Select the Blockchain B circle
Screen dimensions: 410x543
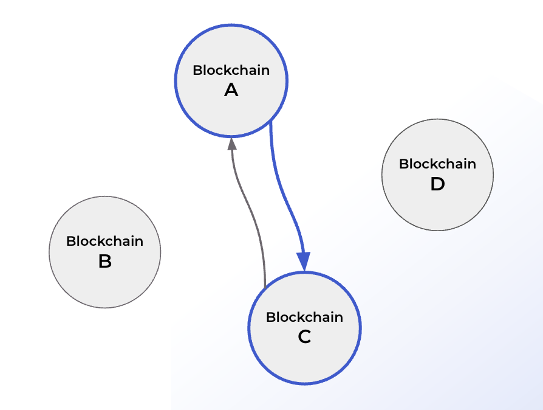(x=104, y=280)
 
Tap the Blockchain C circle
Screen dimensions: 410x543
(x=304, y=356)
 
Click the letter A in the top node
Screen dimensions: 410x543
(x=231, y=91)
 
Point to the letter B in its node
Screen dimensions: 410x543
(x=104, y=262)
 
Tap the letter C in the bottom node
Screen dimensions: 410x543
(x=304, y=337)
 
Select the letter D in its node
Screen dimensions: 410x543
(x=437, y=184)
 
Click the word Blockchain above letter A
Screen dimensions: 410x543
(x=231, y=70)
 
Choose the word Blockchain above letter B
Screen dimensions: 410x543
(x=104, y=241)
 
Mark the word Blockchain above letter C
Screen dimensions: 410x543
(x=304, y=317)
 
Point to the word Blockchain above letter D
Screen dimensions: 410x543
(x=437, y=164)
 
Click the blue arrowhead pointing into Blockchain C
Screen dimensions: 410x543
(x=304, y=262)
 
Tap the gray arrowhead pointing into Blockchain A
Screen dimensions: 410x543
(x=231, y=144)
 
